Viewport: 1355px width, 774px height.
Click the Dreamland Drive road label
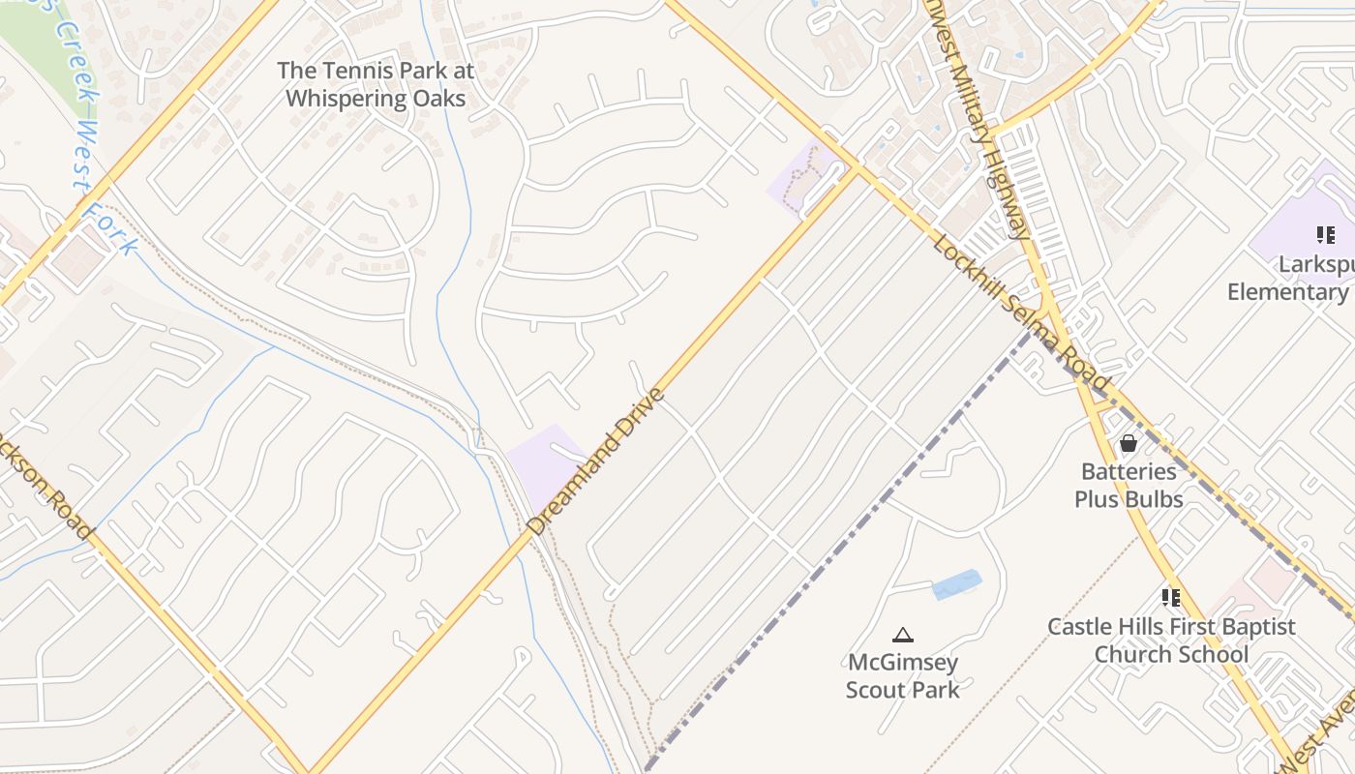click(596, 461)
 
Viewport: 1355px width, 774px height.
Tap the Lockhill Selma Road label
click(1021, 313)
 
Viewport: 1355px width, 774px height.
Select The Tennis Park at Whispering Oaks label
click(376, 84)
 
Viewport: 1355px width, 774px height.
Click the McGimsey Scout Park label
click(903, 675)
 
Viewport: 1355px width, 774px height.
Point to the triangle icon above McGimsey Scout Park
click(903, 636)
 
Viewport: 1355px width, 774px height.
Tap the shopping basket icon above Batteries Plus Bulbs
click(1128, 444)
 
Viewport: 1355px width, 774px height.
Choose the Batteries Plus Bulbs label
click(1129, 485)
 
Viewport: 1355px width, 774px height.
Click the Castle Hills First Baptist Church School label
click(1171, 640)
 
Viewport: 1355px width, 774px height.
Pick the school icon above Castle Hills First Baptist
click(1171, 598)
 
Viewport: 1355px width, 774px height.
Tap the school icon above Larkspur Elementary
click(1325, 234)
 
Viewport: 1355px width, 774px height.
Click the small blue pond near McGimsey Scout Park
click(957, 584)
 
